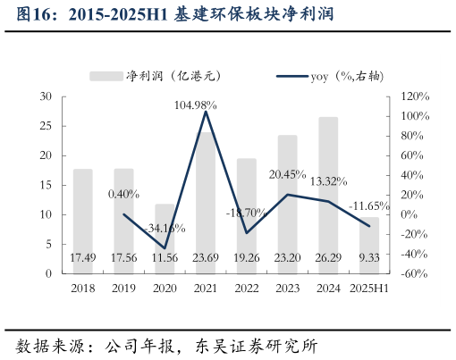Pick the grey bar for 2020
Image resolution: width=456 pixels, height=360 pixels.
165,239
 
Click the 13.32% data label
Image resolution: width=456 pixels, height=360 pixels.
328,181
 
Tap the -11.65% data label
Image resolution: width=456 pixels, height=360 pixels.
369,205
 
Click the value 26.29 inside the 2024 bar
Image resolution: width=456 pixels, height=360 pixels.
328,258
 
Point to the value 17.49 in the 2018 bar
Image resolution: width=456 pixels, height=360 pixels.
83,258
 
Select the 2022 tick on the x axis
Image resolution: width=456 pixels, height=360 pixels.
247,289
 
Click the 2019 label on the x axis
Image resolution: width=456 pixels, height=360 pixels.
123,289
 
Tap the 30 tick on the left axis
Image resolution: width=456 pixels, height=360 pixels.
46,96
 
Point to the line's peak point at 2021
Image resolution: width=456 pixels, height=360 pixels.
206,111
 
